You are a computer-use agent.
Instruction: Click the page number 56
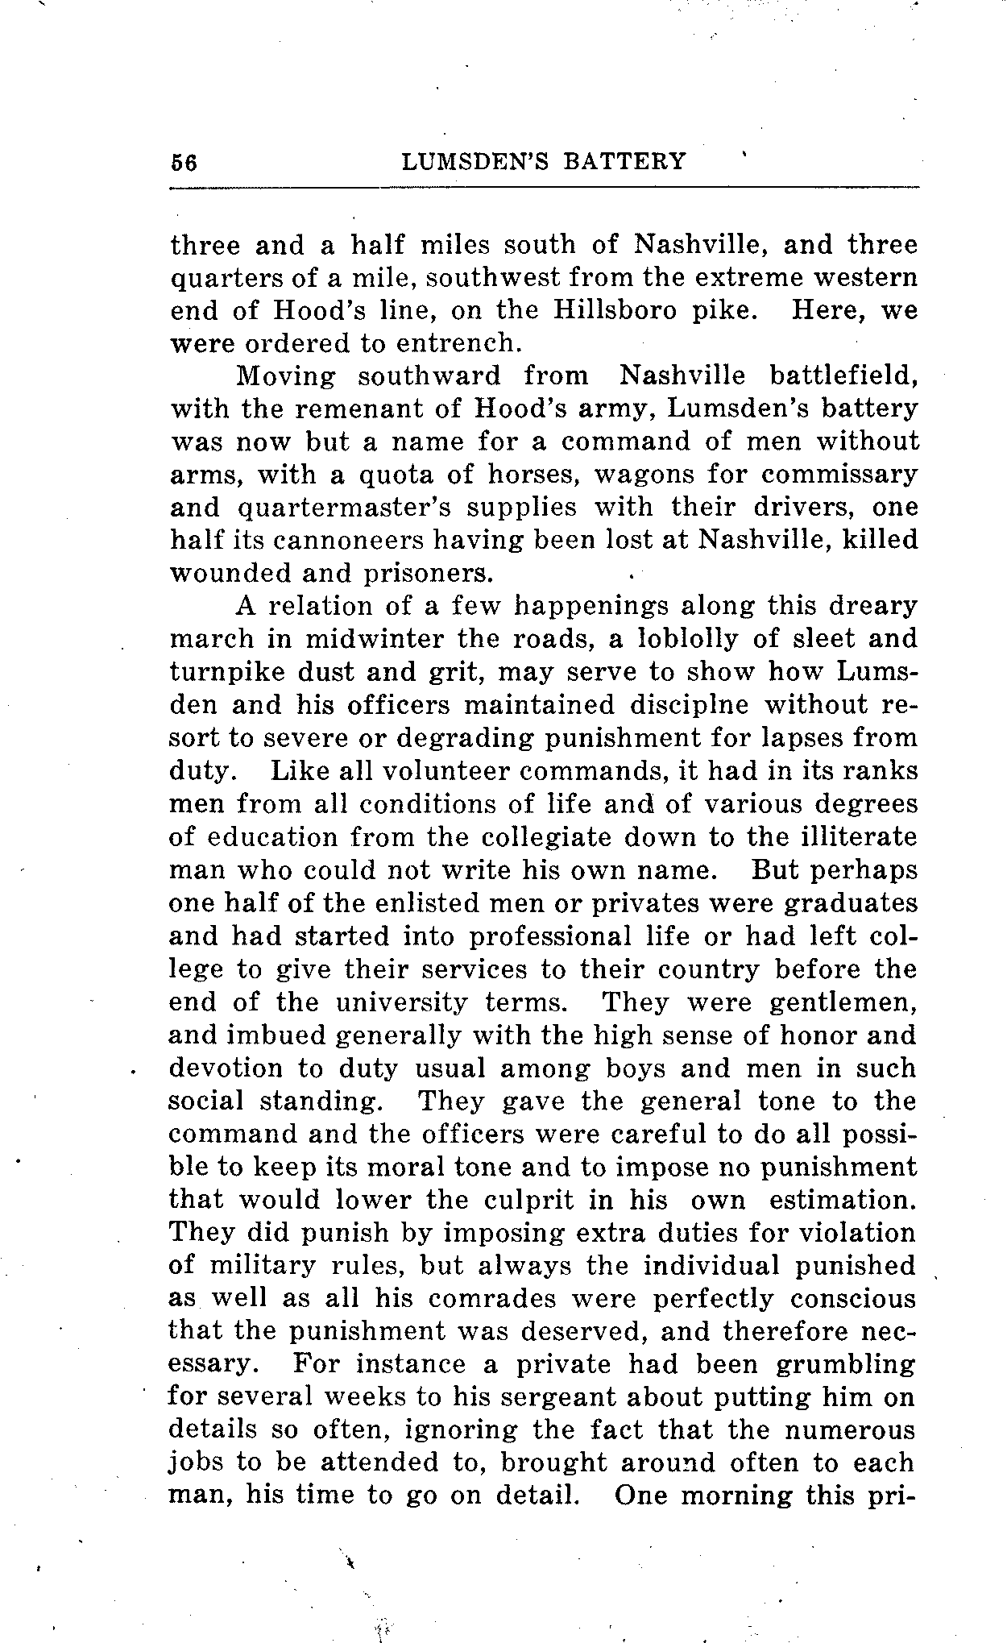coord(184,162)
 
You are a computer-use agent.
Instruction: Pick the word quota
coord(394,475)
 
